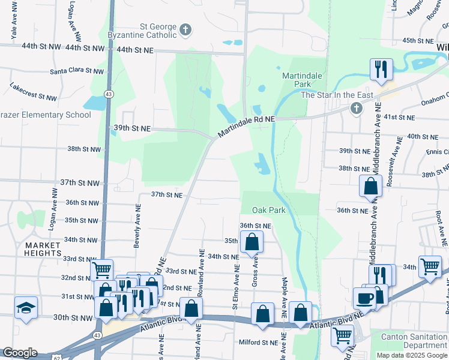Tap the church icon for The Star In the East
[356, 108]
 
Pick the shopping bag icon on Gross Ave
[252, 241]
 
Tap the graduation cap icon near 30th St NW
[26, 308]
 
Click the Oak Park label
[268, 211]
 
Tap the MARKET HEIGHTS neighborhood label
[43, 249]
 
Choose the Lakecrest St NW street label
[33, 92]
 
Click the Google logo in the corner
[20, 353]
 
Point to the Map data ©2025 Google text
[411, 355]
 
